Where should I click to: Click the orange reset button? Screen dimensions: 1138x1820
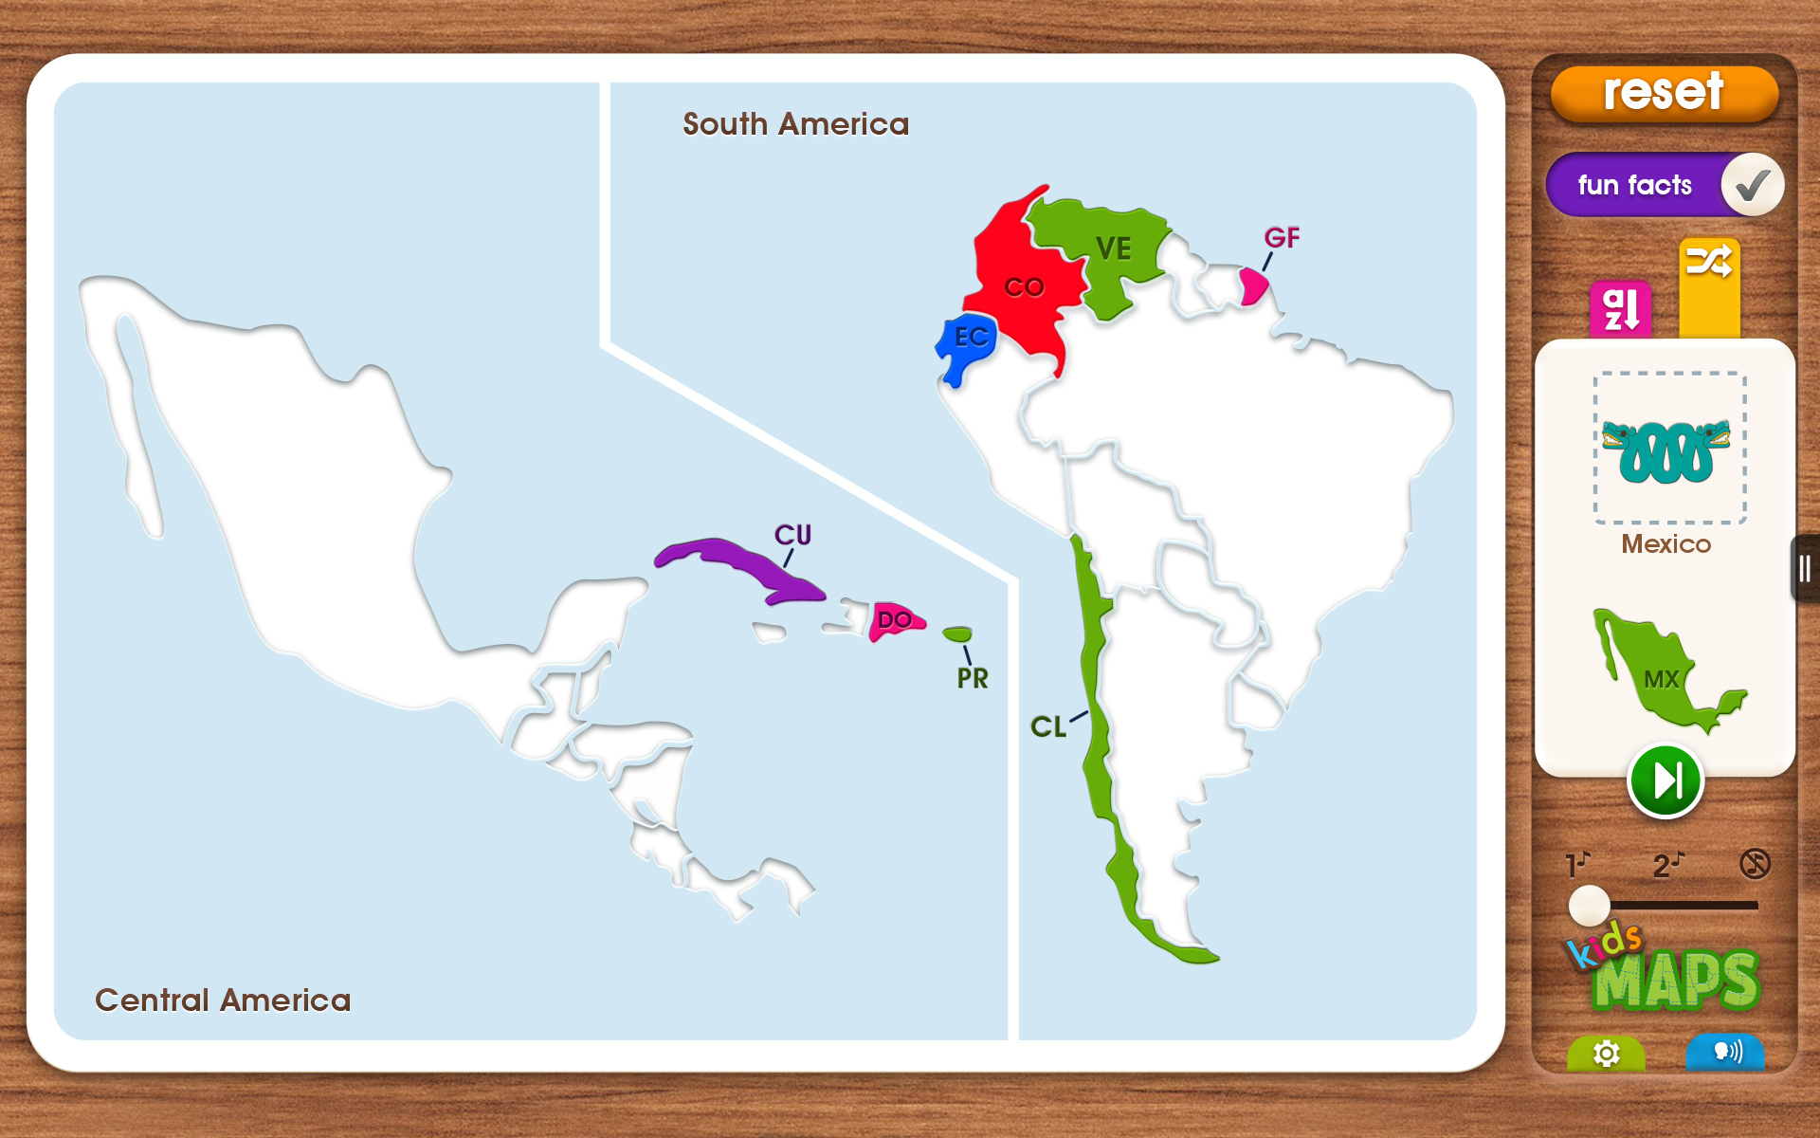point(1664,93)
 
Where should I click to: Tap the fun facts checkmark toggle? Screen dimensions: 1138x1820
point(1752,185)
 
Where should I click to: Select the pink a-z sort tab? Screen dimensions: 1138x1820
point(1620,309)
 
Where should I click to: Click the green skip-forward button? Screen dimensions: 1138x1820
point(1665,781)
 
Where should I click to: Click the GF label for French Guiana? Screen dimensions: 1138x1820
point(1282,238)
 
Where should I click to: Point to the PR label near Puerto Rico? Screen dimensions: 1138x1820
point(973,679)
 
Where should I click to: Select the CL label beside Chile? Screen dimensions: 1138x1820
point(1048,727)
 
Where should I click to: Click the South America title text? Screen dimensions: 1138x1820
point(795,124)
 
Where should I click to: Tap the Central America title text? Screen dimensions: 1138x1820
point(223,1000)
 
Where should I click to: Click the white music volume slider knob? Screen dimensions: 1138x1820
point(1589,905)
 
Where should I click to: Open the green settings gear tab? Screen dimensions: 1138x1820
point(1606,1053)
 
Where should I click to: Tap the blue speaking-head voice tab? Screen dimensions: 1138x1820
point(1726,1052)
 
